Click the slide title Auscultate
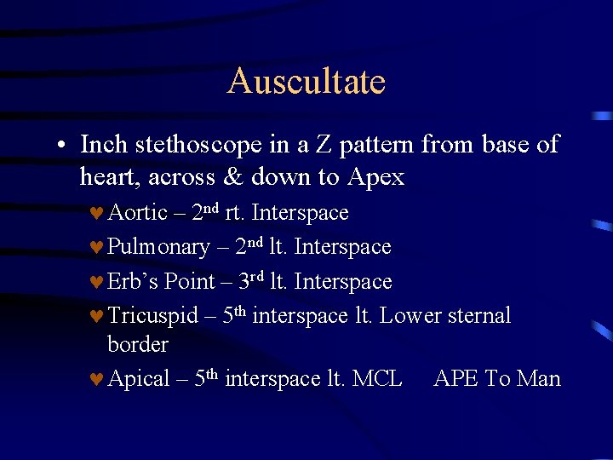[306, 82]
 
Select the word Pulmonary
[158, 248]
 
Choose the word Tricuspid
[152, 316]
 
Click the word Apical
[139, 379]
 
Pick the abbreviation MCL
[376, 379]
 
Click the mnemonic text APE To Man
[497, 379]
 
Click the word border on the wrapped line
[138, 345]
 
